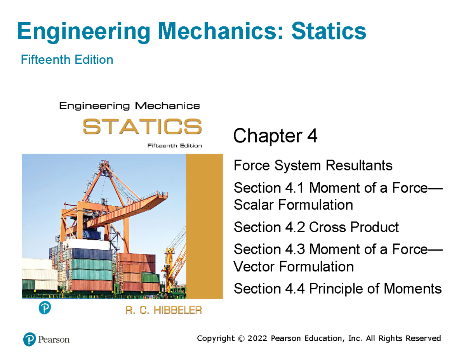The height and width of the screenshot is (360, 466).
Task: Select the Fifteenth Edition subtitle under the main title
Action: (67, 60)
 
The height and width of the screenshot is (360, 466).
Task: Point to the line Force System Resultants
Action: (313, 166)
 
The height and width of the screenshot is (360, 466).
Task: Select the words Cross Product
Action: (353, 227)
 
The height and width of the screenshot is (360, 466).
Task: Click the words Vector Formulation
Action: (294, 266)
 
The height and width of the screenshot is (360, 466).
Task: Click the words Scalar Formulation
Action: (293, 205)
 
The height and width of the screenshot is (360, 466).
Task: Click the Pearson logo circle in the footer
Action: (30, 339)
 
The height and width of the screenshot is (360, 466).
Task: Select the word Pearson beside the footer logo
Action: (54, 339)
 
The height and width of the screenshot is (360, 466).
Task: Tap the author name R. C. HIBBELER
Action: (163, 311)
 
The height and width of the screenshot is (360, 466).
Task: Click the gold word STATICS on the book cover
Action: (142, 127)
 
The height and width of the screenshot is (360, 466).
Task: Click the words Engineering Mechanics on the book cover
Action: (129, 105)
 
